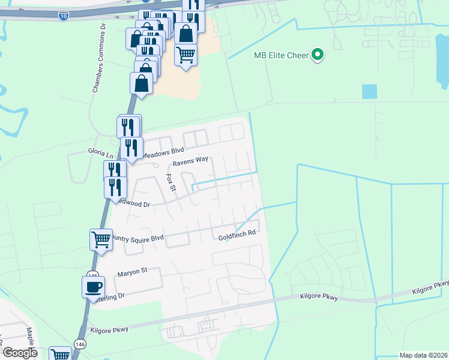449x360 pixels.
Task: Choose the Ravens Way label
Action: pos(190,161)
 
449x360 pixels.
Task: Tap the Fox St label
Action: pos(170,183)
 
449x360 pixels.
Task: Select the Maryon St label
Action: pos(132,272)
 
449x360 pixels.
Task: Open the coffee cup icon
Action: pos(93,286)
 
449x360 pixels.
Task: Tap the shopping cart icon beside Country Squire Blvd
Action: pos(101,239)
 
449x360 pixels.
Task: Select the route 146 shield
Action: pos(79,343)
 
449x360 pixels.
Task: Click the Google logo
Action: pos(20,353)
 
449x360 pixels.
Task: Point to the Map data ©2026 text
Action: pos(423,355)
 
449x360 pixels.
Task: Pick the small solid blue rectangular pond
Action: pos(369,92)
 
